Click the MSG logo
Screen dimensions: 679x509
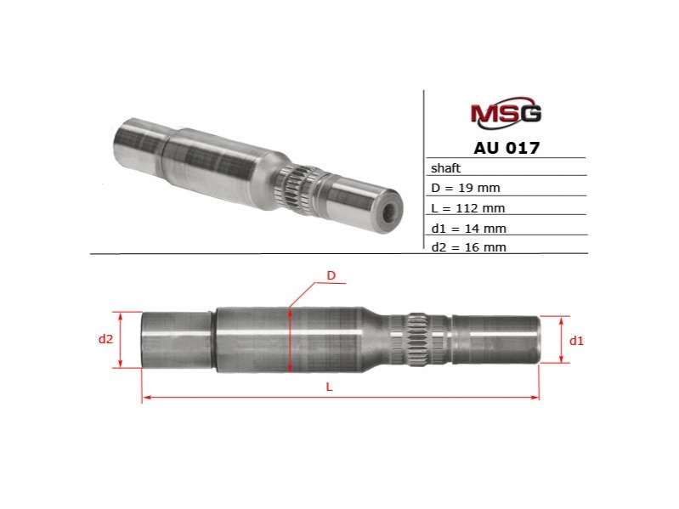(x=506, y=113)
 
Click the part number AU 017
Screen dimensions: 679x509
(x=506, y=148)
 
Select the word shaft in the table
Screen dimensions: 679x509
(x=445, y=168)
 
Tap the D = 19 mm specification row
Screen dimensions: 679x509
(x=466, y=188)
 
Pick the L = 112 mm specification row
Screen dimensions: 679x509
(x=468, y=208)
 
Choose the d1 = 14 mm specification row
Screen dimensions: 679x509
(x=468, y=228)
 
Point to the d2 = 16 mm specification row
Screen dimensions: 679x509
(x=468, y=247)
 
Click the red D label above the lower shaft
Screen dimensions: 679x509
(x=331, y=275)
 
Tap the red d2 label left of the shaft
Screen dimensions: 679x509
(x=105, y=339)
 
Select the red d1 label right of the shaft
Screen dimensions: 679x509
(x=576, y=341)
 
